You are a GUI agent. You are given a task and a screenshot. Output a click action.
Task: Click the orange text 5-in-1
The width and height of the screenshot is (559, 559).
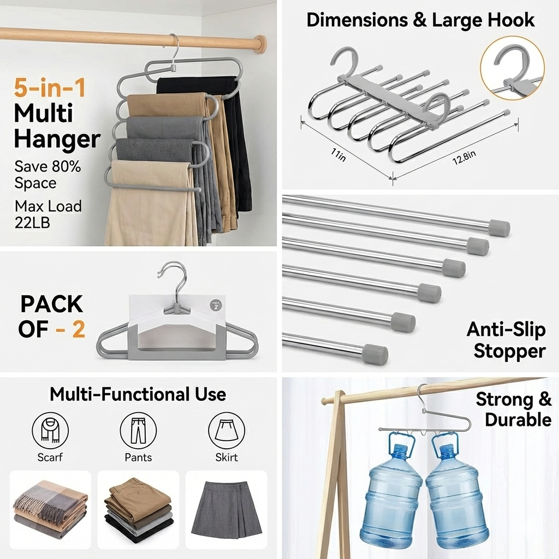[x=50, y=88]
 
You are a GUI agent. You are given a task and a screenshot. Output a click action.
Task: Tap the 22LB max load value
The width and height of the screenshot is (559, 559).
[x=32, y=223]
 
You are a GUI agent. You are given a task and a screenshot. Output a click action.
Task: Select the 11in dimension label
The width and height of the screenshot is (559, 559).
[x=338, y=155]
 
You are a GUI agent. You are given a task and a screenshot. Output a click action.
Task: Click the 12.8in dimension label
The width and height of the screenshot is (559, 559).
[x=464, y=158]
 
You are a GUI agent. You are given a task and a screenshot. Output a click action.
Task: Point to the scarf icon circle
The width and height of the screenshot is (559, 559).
[x=50, y=430]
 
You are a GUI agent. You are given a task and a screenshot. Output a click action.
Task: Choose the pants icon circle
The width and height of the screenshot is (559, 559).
[x=138, y=430]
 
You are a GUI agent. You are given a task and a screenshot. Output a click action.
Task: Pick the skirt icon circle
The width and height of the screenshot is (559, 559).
[x=227, y=430]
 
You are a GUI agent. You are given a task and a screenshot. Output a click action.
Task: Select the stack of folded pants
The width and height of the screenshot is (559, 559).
[x=138, y=510]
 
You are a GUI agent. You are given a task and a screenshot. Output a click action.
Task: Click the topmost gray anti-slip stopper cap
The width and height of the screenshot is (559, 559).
[x=499, y=228]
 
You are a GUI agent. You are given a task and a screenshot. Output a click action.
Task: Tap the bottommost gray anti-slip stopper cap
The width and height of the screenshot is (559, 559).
[x=376, y=354]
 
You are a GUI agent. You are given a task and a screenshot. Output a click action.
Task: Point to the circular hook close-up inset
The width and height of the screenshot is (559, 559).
[x=512, y=68]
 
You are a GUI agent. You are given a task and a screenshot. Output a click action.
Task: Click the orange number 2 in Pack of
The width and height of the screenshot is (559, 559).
[x=79, y=329]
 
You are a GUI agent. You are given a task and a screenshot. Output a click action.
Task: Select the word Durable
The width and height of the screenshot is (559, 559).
[x=518, y=419]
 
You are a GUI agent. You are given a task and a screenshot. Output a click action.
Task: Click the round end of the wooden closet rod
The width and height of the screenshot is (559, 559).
[x=261, y=44]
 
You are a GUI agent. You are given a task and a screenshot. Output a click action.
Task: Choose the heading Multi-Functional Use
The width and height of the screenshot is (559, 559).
[x=138, y=394]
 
